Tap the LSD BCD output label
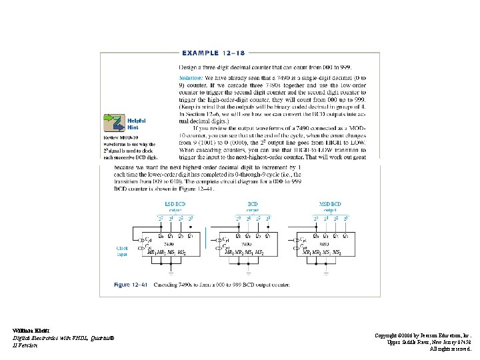pyautogui.click(x=175, y=206)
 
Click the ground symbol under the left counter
pyautogui.click(x=171, y=273)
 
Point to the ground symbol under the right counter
pyautogui.click(x=325, y=273)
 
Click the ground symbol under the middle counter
pyautogui.click(x=248, y=273)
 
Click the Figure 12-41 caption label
pyautogui.click(x=131, y=285)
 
